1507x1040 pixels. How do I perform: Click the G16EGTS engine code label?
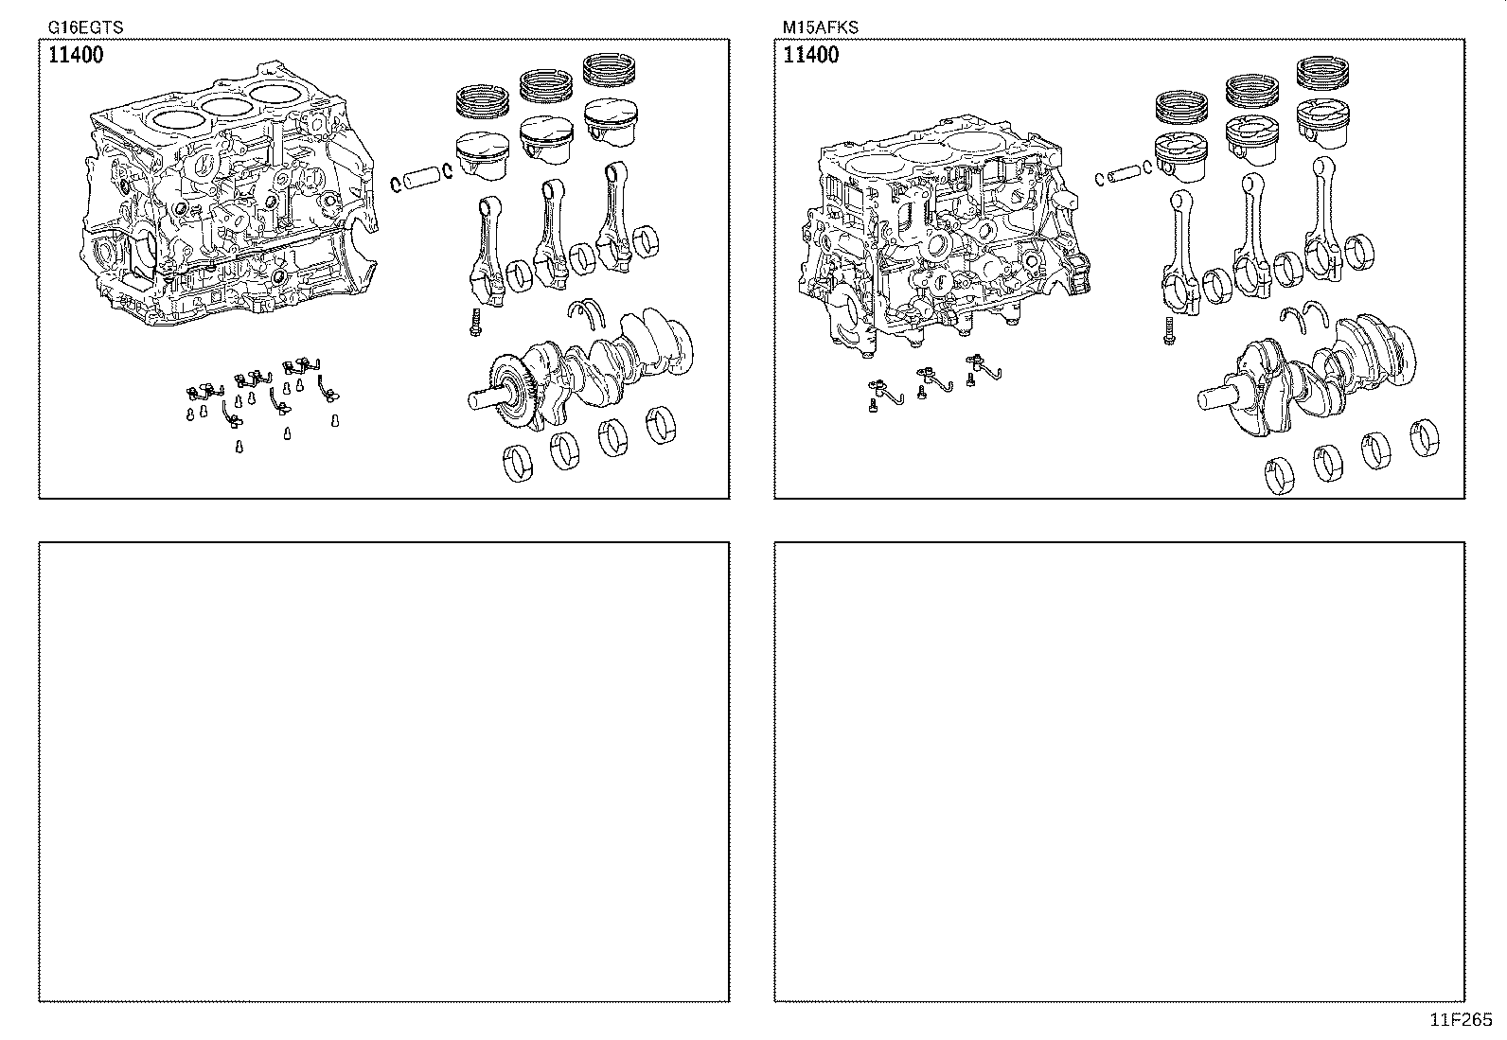[x=85, y=27]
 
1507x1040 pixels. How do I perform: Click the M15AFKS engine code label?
[x=821, y=27]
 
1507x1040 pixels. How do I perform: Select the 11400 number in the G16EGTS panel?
[x=75, y=55]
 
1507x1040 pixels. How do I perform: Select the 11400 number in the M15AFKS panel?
[x=810, y=55]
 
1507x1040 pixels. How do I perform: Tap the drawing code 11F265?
[x=1461, y=1019]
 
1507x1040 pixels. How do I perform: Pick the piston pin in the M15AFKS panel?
[x=1125, y=173]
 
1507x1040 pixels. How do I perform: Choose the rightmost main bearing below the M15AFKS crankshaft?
[x=1425, y=438]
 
